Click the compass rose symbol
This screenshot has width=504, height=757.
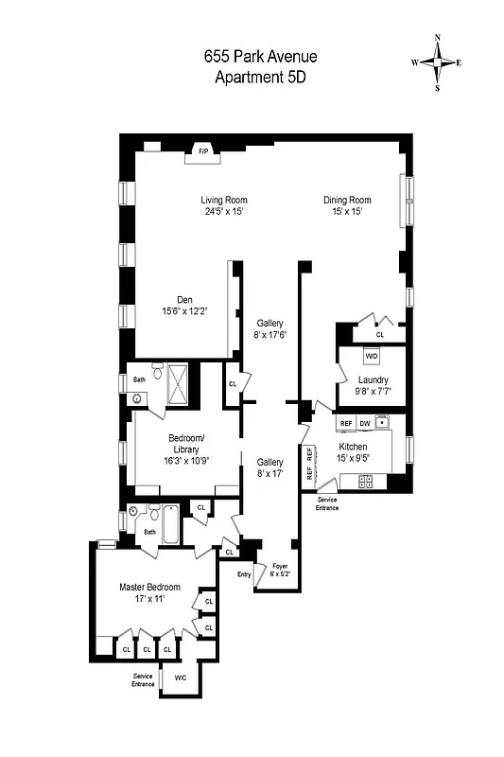point(438,62)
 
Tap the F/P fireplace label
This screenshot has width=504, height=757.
point(202,150)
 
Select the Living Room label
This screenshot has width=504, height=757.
point(224,200)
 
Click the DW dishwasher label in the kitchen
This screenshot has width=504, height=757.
point(364,423)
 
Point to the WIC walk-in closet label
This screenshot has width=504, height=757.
point(181,678)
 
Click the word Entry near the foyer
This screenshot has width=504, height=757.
point(244,573)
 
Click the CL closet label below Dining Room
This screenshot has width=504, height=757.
point(380,334)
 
